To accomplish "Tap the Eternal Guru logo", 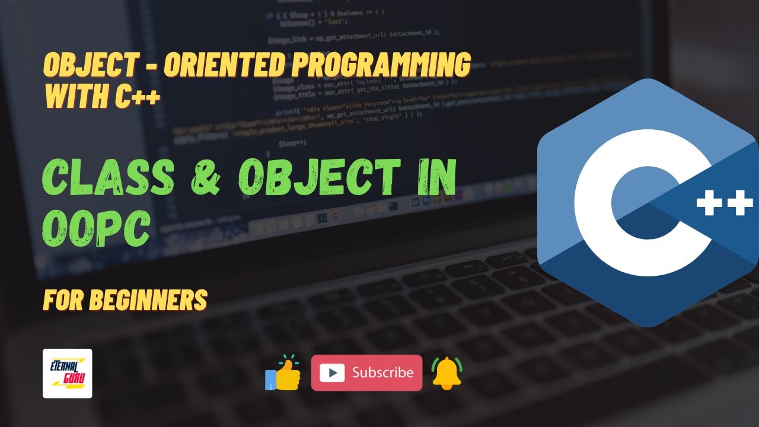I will [x=68, y=373].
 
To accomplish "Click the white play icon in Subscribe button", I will [x=332, y=373].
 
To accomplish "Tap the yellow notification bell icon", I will [x=447, y=373].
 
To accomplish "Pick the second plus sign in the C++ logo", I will [x=740, y=205].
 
